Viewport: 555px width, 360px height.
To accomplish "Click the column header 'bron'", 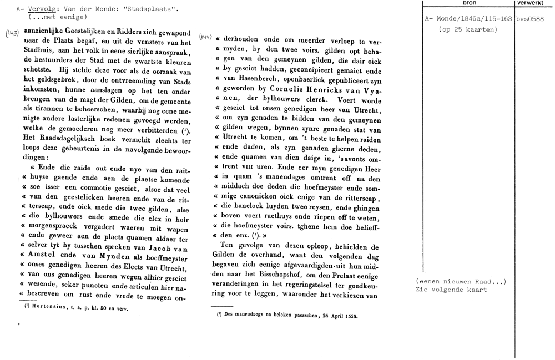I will [469, 3].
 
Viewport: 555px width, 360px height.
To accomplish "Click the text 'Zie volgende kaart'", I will [451, 290].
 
